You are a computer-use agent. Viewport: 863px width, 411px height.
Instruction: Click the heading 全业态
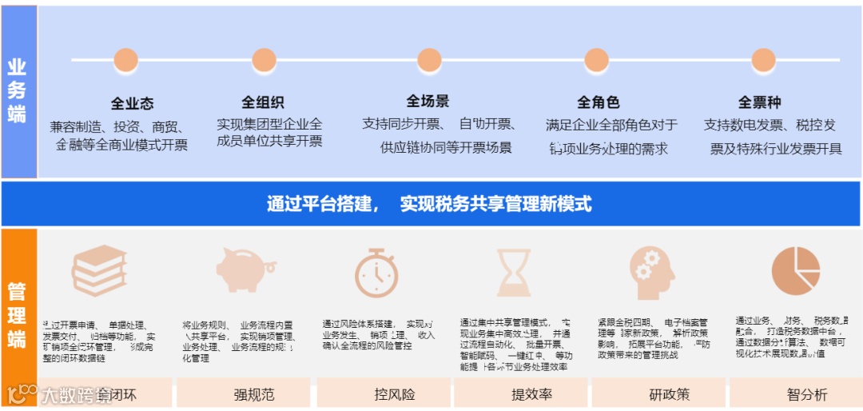tap(132, 104)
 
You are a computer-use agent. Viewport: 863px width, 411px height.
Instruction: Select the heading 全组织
tap(263, 102)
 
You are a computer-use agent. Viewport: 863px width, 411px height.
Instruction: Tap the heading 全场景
tap(428, 102)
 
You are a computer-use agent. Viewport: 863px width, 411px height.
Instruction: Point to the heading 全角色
tap(599, 102)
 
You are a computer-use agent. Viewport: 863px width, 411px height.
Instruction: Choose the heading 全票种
tap(759, 102)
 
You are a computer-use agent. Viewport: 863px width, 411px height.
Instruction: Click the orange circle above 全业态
tap(125, 60)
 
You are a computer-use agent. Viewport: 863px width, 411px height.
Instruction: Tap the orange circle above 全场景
tap(429, 60)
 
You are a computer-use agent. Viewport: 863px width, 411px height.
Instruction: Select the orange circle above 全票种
tap(763, 60)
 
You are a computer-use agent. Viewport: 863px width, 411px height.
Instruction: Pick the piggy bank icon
tap(245, 269)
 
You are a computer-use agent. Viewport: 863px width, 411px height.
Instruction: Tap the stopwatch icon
tap(376, 271)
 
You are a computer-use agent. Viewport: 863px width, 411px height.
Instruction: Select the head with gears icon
tap(650, 269)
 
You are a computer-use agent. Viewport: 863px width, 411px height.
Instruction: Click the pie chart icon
tap(796, 269)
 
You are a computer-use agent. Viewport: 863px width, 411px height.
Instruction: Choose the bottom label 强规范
tap(253, 394)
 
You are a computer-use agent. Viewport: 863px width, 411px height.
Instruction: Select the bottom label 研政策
tap(669, 394)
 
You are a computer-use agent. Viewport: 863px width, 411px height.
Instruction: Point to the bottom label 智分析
tap(807, 394)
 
